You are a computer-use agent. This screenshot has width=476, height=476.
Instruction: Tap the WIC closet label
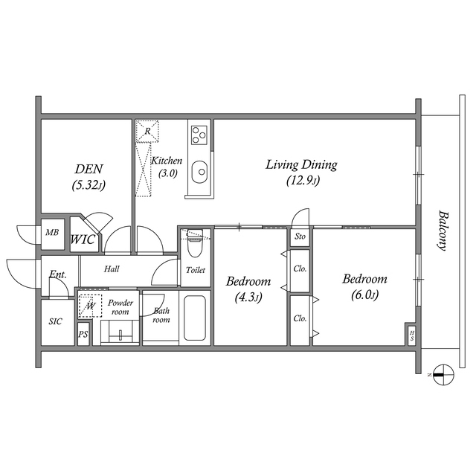click(x=82, y=240)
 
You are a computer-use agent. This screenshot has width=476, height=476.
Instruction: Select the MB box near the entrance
click(x=51, y=233)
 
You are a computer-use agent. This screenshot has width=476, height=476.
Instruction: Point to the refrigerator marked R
click(x=148, y=131)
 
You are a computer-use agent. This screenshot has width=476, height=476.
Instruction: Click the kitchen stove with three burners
click(x=199, y=135)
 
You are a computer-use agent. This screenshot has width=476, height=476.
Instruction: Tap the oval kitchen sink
click(x=199, y=173)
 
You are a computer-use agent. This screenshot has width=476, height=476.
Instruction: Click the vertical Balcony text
click(x=443, y=230)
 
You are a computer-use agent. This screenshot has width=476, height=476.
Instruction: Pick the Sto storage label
click(x=300, y=237)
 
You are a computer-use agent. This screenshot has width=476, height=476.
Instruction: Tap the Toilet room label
click(x=196, y=270)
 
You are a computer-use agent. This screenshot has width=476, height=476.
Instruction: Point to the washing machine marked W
click(x=89, y=304)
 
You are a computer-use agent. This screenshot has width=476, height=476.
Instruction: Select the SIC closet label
click(x=57, y=321)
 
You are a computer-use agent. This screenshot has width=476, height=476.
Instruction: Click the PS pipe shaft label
click(x=83, y=335)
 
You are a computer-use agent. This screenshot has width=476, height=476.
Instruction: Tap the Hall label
click(x=112, y=268)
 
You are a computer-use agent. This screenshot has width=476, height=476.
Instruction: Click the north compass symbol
click(x=441, y=375)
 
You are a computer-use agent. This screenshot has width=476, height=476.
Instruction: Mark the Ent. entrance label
click(x=58, y=274)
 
